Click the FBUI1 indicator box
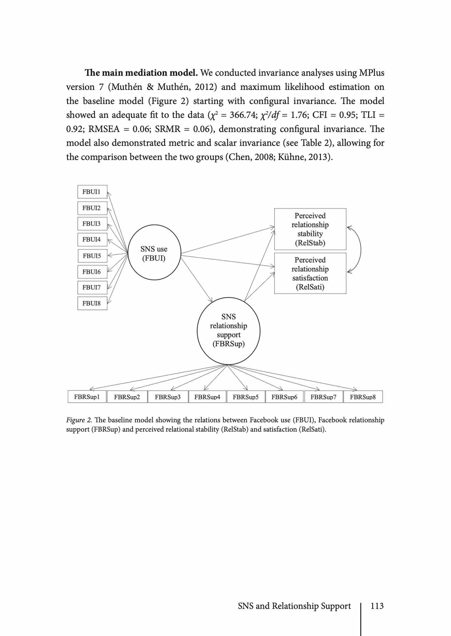click(92, 192)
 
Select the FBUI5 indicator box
click(92, 256)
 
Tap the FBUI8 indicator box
click(92, 303)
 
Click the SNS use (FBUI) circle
click(154, 254)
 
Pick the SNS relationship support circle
click(228, 330)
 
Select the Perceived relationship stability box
click(310, 229)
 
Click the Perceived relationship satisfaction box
click(310, 273)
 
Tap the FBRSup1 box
click(87, 397)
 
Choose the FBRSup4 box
click(207, 397)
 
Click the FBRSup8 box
click(363, 397)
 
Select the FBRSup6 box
click(284, 397)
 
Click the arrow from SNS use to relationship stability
click(228, 240)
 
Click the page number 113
click(377, 606)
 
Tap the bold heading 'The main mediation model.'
click(141, 73)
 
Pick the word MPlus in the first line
click(371, 73)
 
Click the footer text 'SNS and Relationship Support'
click(294, 606)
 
